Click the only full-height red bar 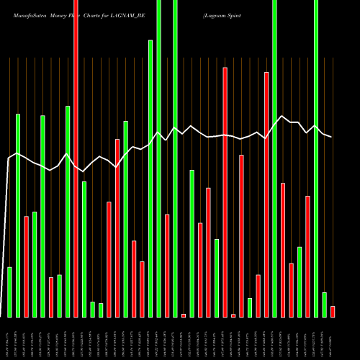tap(76, 158)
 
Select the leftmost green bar tap(9, 292)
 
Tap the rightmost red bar tap(333, 311)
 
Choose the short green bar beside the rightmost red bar tap(324, 305)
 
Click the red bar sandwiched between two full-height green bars tap(167, 265)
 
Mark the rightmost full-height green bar tap(316, 158)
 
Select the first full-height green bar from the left tap(158, 158)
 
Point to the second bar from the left tap(18, 215)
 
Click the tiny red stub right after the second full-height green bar tap(184, 315)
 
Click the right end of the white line tap(331, 137)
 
